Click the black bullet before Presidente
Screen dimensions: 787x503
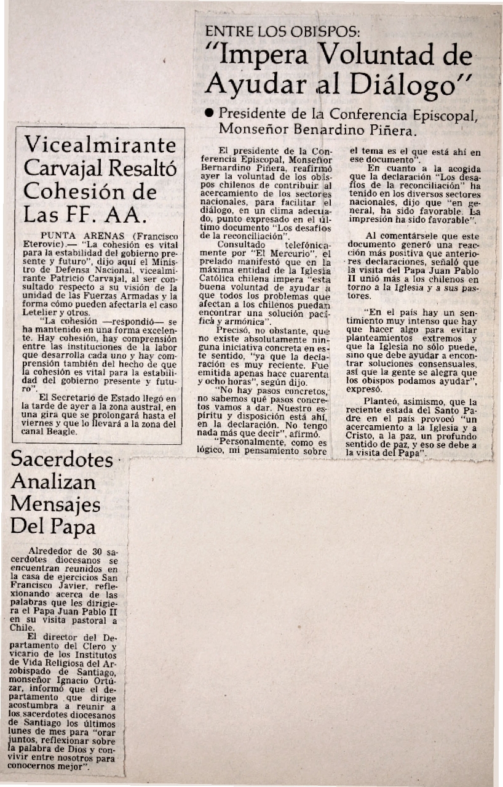[210, 113]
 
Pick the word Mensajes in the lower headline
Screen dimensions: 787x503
[55, 505]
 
